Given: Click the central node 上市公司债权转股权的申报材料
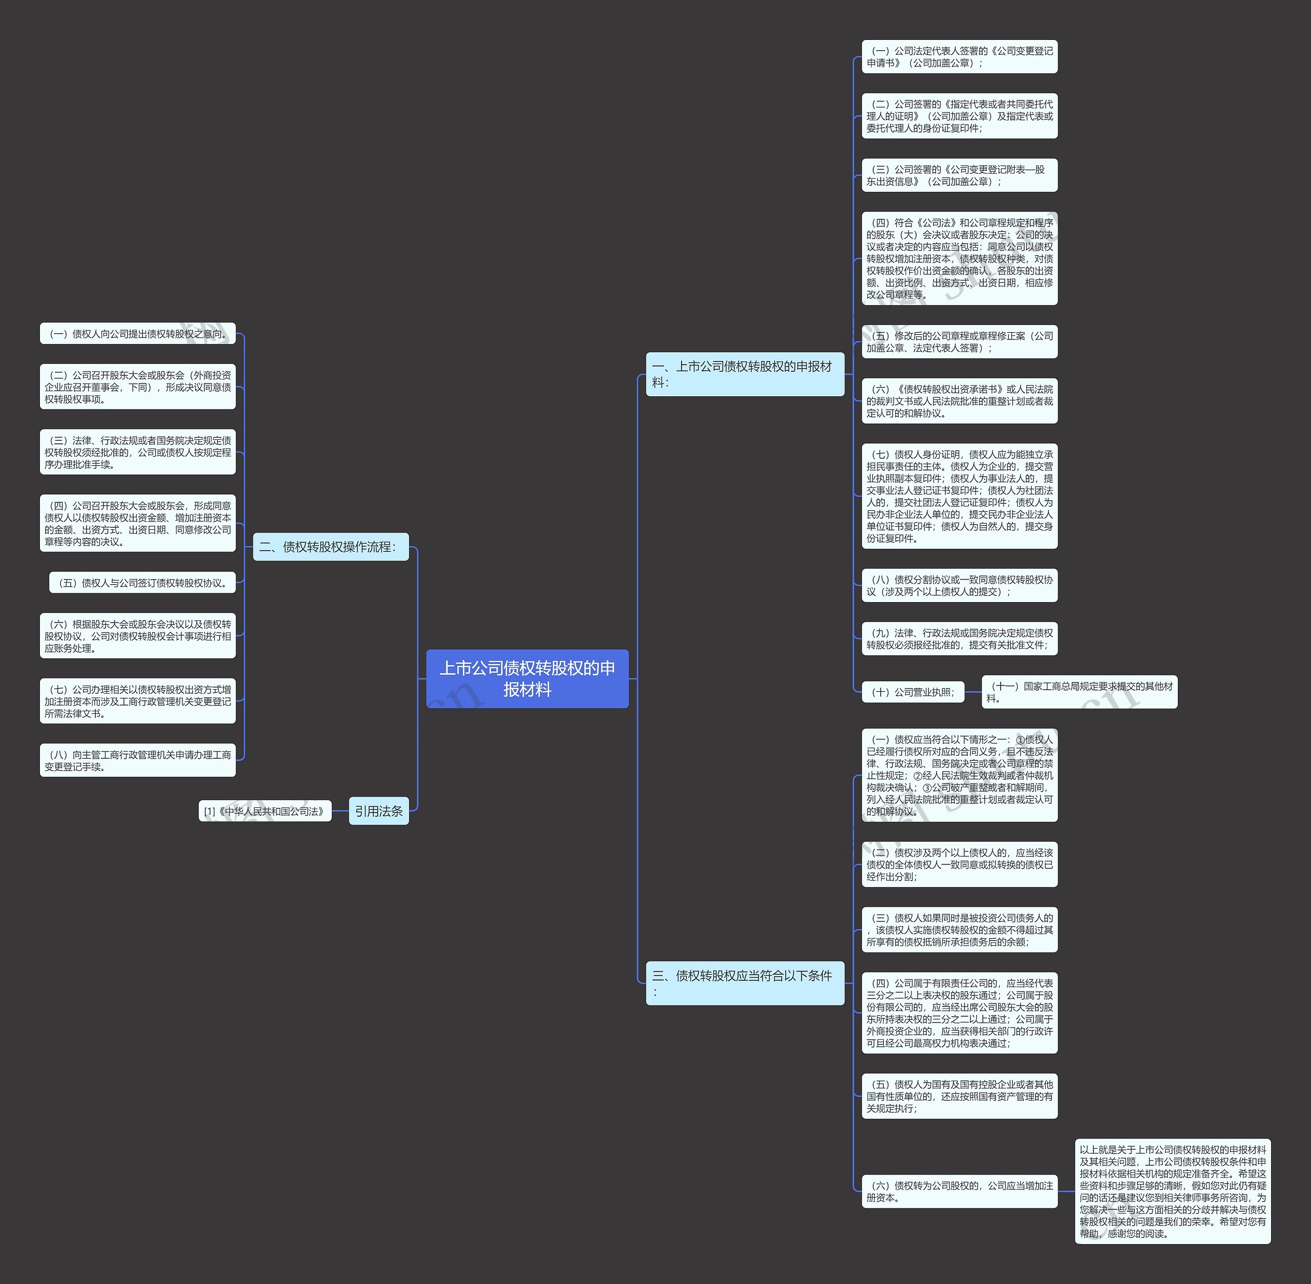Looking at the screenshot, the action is click(x=527, y=678).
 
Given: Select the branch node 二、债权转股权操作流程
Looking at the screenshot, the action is click(x=331, y=546).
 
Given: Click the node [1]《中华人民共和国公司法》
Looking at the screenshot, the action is click(x=264, y=811).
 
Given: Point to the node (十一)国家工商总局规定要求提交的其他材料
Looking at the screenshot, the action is click(x=1079, y=692).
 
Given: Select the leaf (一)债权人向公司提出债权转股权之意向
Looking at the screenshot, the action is click(x=138, y=334).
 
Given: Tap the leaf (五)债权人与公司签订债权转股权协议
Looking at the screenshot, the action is click(x=142, y=583).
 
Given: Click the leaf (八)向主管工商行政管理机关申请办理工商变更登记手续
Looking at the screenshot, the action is click(x=138, y=760).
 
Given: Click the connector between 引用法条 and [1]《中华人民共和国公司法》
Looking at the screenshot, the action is click(x=340, y=811).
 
